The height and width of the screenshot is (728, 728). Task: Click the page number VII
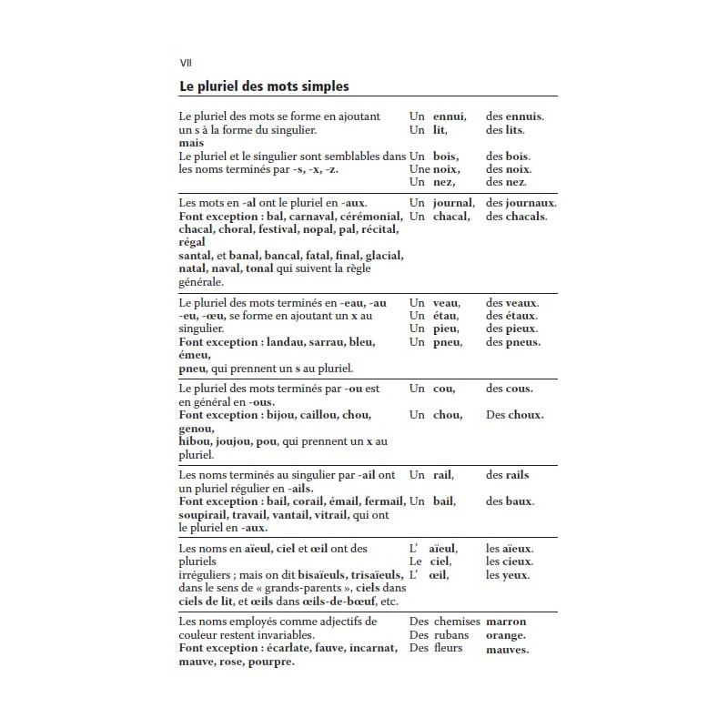[x=185, y=62]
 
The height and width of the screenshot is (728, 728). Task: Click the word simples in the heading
[x=317, y=86]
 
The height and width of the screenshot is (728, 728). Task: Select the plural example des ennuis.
[x=514, y=116]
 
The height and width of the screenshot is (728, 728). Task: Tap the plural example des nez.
[x=506, y=182]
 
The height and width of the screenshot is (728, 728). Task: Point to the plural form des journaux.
[x=521, y=203]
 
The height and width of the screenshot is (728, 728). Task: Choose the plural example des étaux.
[x=511, y=316]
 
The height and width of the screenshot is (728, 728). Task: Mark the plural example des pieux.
[x=511, y=329]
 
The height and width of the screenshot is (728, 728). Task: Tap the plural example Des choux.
[x=514, y=415]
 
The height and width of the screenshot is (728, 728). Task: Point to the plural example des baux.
[x=510, y=501]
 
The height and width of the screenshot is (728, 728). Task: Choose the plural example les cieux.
[x=510, y=562]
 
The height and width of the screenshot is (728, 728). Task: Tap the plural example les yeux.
[x=508, y=575]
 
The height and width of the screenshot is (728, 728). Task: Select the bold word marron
[x=506, y=622]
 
